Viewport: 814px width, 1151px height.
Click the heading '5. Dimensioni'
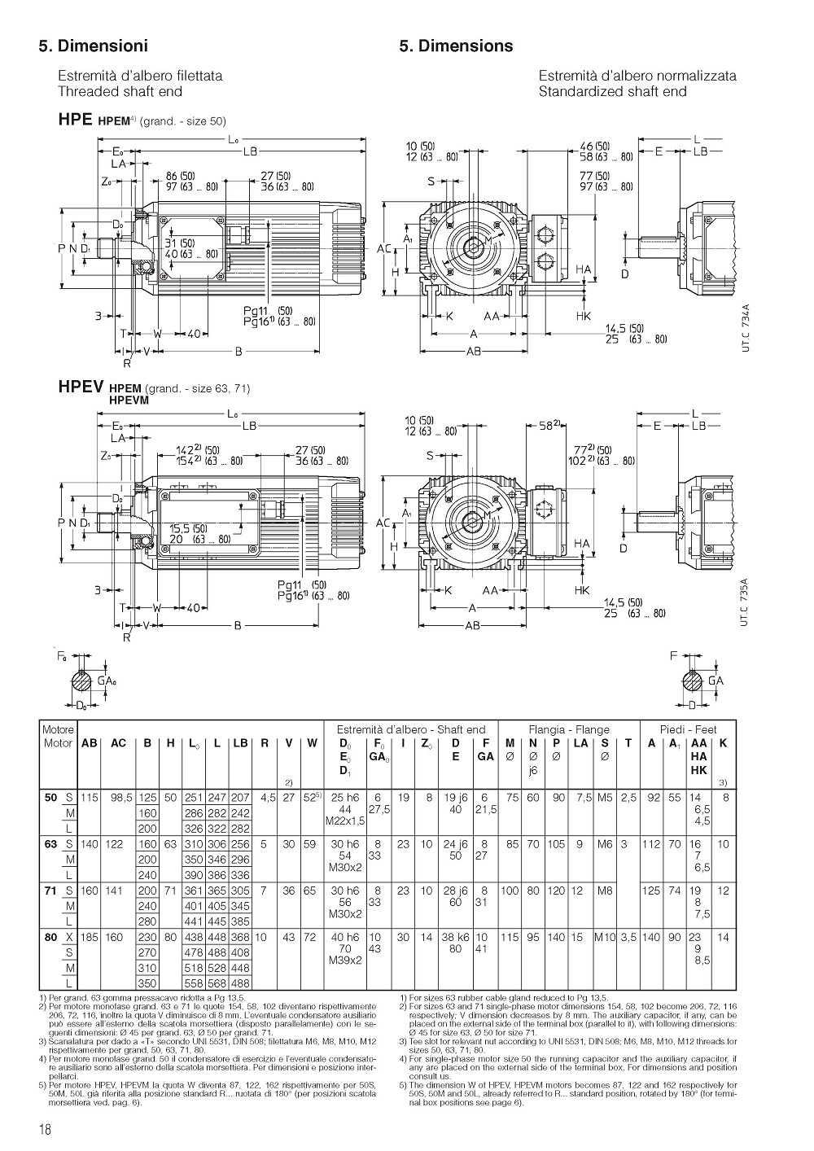93,46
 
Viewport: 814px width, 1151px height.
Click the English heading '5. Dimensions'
456,46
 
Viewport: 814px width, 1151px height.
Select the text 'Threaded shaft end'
120,91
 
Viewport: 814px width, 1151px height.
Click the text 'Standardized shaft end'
612,91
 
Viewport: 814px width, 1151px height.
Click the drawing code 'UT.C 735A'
746,602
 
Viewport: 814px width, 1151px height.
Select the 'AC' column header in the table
118,743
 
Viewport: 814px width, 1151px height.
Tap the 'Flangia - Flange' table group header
569,729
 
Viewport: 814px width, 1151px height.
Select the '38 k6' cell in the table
456,937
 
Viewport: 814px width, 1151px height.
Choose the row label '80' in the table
51,937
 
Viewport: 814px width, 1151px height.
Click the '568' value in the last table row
217,983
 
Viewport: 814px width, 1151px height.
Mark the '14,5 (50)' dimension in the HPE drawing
625,329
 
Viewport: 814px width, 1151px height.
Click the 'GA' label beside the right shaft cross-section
716,681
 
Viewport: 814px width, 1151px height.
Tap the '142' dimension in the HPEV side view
186,449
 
